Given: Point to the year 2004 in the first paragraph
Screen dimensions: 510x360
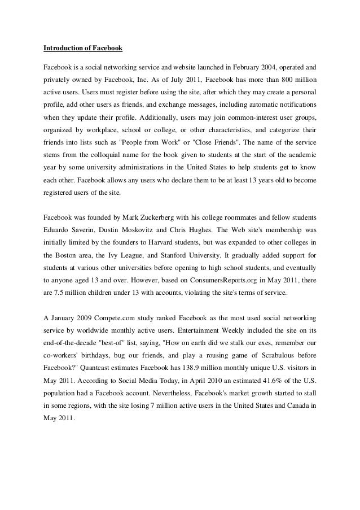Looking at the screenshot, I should click(257, 75).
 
